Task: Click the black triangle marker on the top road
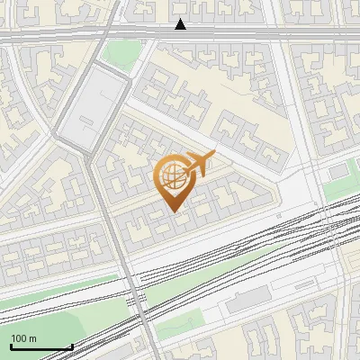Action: [181, 24]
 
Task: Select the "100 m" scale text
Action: [22, 338]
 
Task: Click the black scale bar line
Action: [40, 346]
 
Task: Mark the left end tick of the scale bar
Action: [10, 344]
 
